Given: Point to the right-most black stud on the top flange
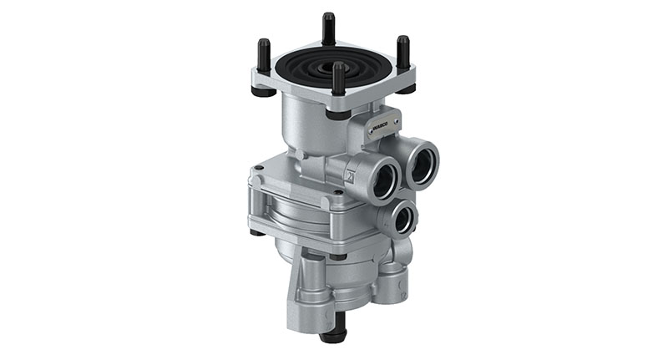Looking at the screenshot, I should click(x=403, y=52).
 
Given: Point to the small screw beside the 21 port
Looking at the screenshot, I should click(x=337, y=193).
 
